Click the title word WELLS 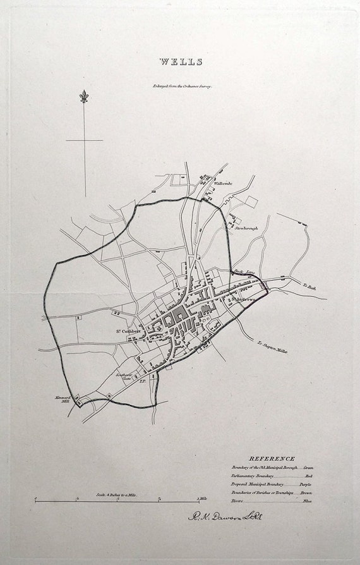click(x=181, y=62)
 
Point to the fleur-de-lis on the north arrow click(x=84, y=97)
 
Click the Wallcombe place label click(x=223, y=183)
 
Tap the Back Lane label click(x=243, y=272)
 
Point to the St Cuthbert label click(x=127, y=330)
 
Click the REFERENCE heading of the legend click(x=272, y=459)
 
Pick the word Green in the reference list click(x=308, y=467)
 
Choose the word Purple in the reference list click(x=306, y=483)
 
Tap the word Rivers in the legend click(x=237, y=501)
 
